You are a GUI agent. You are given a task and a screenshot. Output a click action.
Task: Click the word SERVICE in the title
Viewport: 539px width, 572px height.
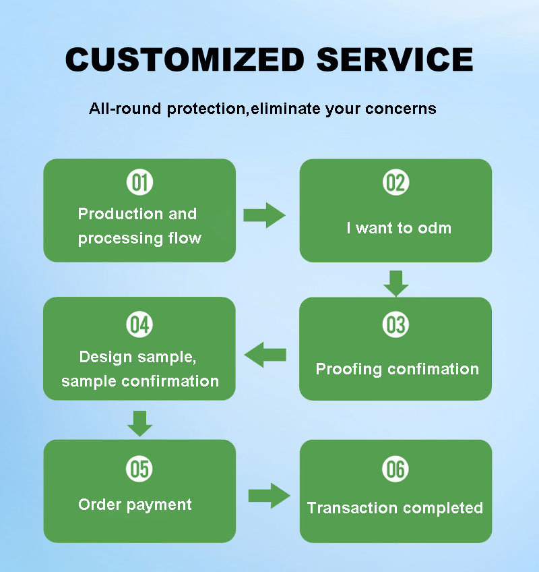(395, 59)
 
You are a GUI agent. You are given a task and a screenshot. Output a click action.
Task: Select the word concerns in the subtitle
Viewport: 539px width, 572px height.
(400, 108)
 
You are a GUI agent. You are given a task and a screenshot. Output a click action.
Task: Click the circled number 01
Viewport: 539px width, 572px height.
(139, 183)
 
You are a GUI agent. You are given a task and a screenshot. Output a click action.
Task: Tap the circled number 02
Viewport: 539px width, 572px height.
(395, 183)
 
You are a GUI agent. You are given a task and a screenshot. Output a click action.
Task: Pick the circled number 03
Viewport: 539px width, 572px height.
(395, 325)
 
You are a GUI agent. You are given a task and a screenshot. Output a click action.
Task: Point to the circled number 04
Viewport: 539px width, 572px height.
(139, 325)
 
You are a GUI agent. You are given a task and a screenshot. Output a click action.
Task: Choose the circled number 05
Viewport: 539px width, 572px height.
(139, 469)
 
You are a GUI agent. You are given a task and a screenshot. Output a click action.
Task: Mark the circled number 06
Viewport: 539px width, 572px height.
(395, 469)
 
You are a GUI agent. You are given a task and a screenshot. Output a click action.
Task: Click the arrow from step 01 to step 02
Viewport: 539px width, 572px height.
(264, 215)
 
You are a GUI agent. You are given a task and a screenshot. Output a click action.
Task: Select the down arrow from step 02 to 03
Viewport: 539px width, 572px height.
(396, 283)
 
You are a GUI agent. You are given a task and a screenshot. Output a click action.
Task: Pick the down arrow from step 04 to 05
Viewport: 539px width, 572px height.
(139, 423)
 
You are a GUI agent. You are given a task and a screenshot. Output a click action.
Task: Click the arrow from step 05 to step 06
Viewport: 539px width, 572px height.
(269, 496)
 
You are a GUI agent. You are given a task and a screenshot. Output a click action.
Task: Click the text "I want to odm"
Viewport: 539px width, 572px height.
(399, 228)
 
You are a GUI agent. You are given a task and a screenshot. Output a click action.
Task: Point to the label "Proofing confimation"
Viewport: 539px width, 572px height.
(397, 369)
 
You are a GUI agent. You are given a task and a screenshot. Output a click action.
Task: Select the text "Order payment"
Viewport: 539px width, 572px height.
(135, 505)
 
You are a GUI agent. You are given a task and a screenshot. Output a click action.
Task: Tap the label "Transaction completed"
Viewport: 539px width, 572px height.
(395, 508)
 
